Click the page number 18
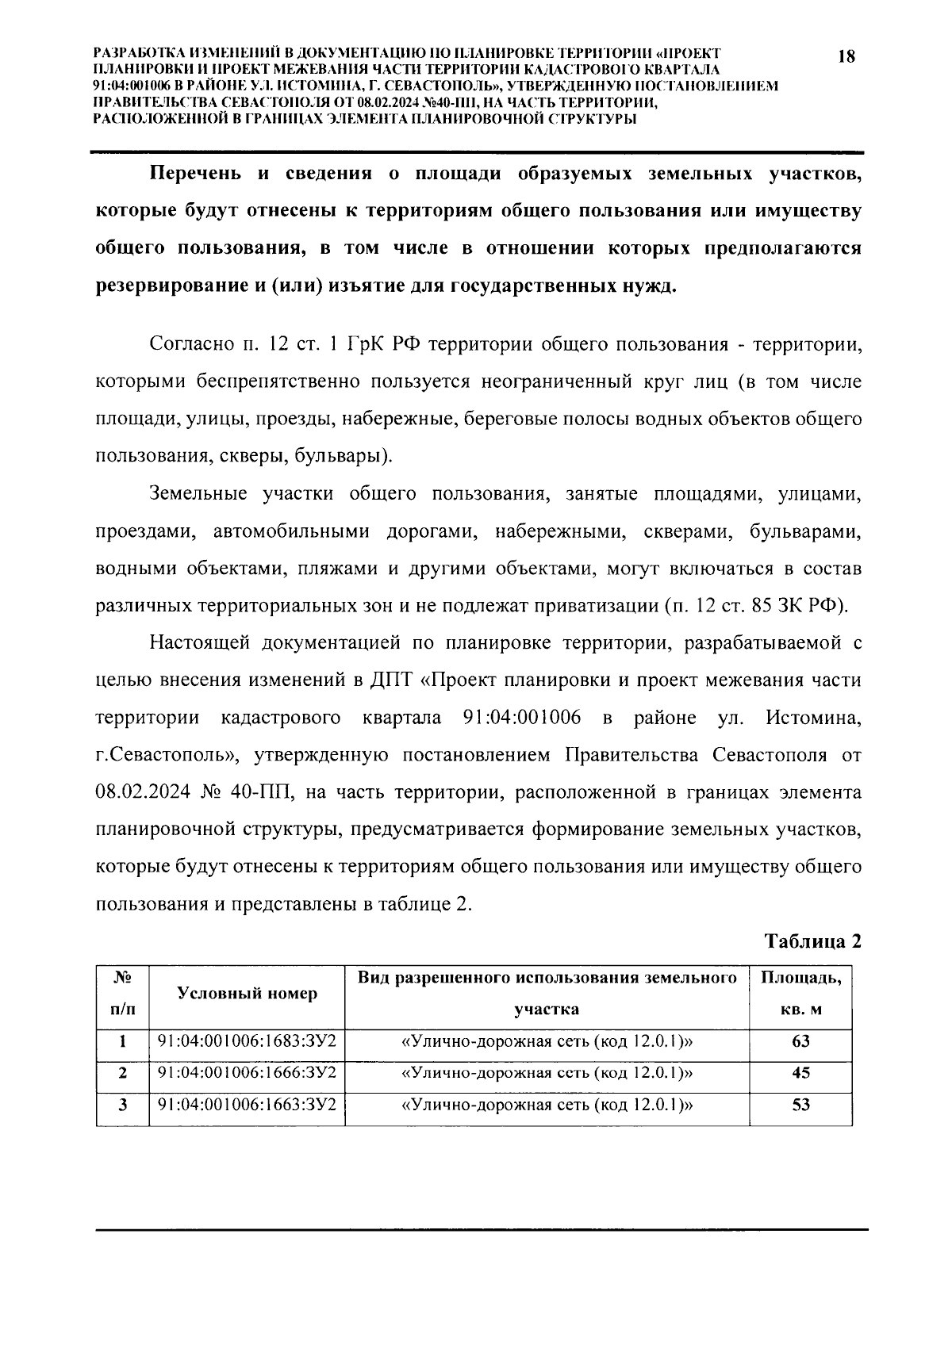[846, 57]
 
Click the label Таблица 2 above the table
[812, 941]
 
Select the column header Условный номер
[247, 994]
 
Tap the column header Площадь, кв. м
[800, 994]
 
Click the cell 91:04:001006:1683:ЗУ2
[247, 1040]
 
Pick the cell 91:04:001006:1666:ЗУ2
[247, 1072]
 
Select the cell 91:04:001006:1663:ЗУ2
[247, 1104]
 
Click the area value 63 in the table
[800, 1041]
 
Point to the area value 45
[800, 1073]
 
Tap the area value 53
[800, 1105]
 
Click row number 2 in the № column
[123, 1073]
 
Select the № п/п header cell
[123, 994]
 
